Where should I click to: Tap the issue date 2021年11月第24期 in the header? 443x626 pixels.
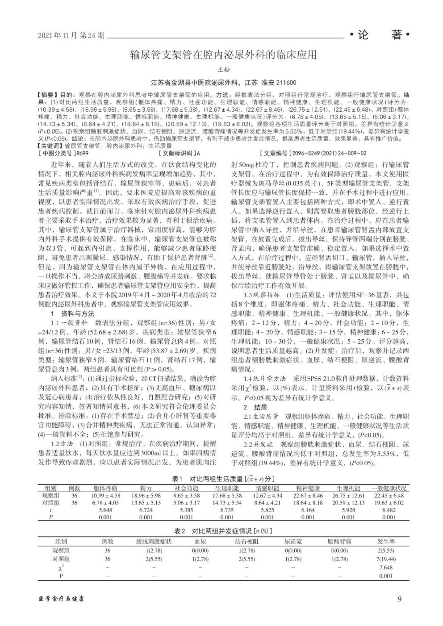pos(72,36)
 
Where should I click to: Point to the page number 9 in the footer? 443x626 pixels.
pos(400,599)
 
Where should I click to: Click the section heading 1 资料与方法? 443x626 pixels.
pos(73,314)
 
